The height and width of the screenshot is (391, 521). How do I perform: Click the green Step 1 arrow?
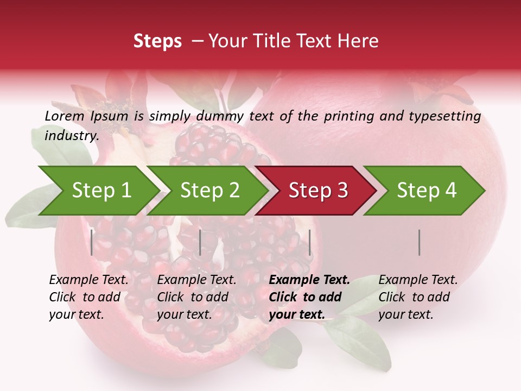pos(100,191)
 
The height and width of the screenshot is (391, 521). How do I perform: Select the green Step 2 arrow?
pos(209,191)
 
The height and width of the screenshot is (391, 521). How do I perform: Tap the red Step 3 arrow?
pos(317,191)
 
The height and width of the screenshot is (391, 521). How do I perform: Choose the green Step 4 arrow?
pos(426,191)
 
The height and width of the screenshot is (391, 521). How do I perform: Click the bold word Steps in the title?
pos(157,41)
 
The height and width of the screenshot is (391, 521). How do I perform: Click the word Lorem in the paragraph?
pos(64,116)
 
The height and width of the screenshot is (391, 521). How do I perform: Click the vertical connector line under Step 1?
pos(92,242)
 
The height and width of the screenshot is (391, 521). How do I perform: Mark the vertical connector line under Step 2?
pos(200,242)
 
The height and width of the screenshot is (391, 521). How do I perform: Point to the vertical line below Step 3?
pos(310,242)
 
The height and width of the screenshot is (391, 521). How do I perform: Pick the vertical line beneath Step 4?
pos(420,242)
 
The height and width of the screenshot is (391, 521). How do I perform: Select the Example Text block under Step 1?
pos(88,297)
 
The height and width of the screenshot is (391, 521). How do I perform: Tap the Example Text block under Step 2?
pos(196,297)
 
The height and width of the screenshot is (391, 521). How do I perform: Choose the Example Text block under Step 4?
pos(418,297)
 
